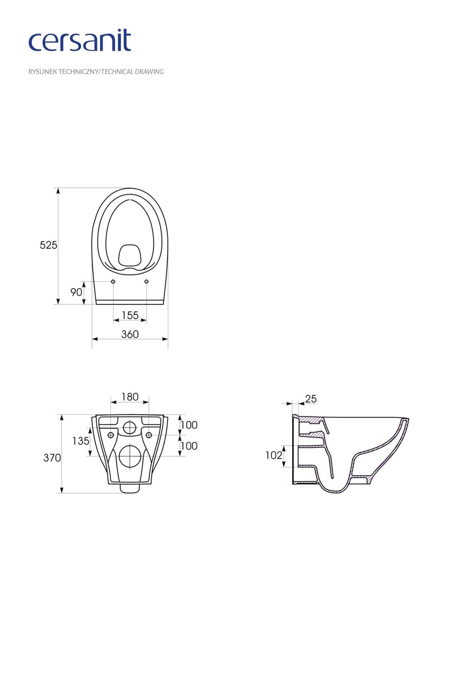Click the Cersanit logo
point(79,41)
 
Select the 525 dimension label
point(48,245)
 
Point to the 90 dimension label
point(76,292)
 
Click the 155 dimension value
point(130,315)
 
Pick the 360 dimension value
point(130,334)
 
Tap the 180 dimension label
point(129,397)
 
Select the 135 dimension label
point(81,441)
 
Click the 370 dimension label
point(52,458)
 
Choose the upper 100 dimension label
point(189,425)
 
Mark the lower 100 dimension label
point(189,446)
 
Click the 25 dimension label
point(311,399)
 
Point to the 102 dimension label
point(274,455)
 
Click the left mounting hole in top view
point(113,282)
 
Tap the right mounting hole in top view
point(146,282)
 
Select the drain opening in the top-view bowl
point(129,255)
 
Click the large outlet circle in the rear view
point(129,456)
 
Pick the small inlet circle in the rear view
point(129,427)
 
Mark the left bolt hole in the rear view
point(110,435)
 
